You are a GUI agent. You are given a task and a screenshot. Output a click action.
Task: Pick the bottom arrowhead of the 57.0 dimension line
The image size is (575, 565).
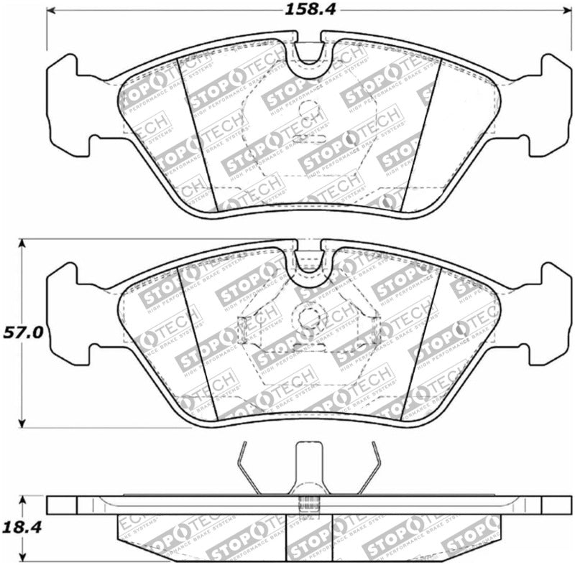23,423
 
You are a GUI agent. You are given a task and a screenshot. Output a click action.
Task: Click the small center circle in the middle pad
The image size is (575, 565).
309,316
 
